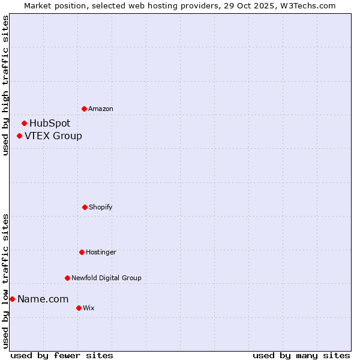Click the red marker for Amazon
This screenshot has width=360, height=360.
pos(85,109)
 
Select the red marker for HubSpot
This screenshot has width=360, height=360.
pos(25,123)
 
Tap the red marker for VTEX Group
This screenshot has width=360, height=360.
pos(20,136)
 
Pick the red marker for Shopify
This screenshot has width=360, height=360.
pos(85,207)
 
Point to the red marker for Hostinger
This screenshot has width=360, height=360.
pos(82,252)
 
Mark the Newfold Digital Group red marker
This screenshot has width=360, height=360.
pos(67,278)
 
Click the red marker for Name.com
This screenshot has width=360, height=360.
pos(12,299)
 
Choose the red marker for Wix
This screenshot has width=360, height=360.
pos(79,308)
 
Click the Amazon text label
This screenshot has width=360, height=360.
pos(101,109)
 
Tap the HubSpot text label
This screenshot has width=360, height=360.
pos(50,124)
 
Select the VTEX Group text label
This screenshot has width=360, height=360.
pos(53,136)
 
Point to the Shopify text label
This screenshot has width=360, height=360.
pos(101,208)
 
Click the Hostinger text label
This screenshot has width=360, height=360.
pos(101,253)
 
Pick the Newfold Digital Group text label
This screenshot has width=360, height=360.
pos(106,278)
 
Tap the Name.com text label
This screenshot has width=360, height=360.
pos(43,299)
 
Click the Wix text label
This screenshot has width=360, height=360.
pos(89,308)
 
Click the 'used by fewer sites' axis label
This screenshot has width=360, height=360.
pos(62,355)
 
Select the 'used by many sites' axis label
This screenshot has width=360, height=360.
pos(301,355)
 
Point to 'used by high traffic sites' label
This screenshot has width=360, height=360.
pos(5,85)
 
